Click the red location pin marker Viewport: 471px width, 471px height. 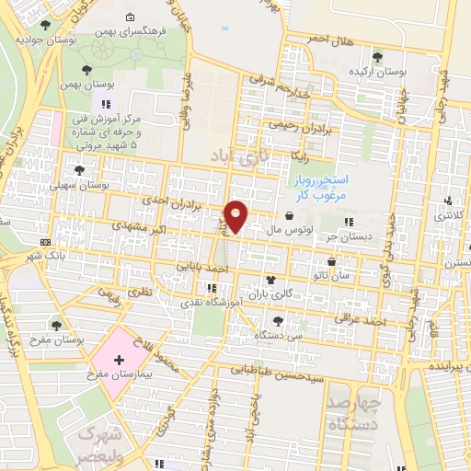click(x=237, y=216)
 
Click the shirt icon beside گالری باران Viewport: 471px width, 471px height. click(x=270, y=281)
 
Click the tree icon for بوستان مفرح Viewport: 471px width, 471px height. click(x=58, y=324)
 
